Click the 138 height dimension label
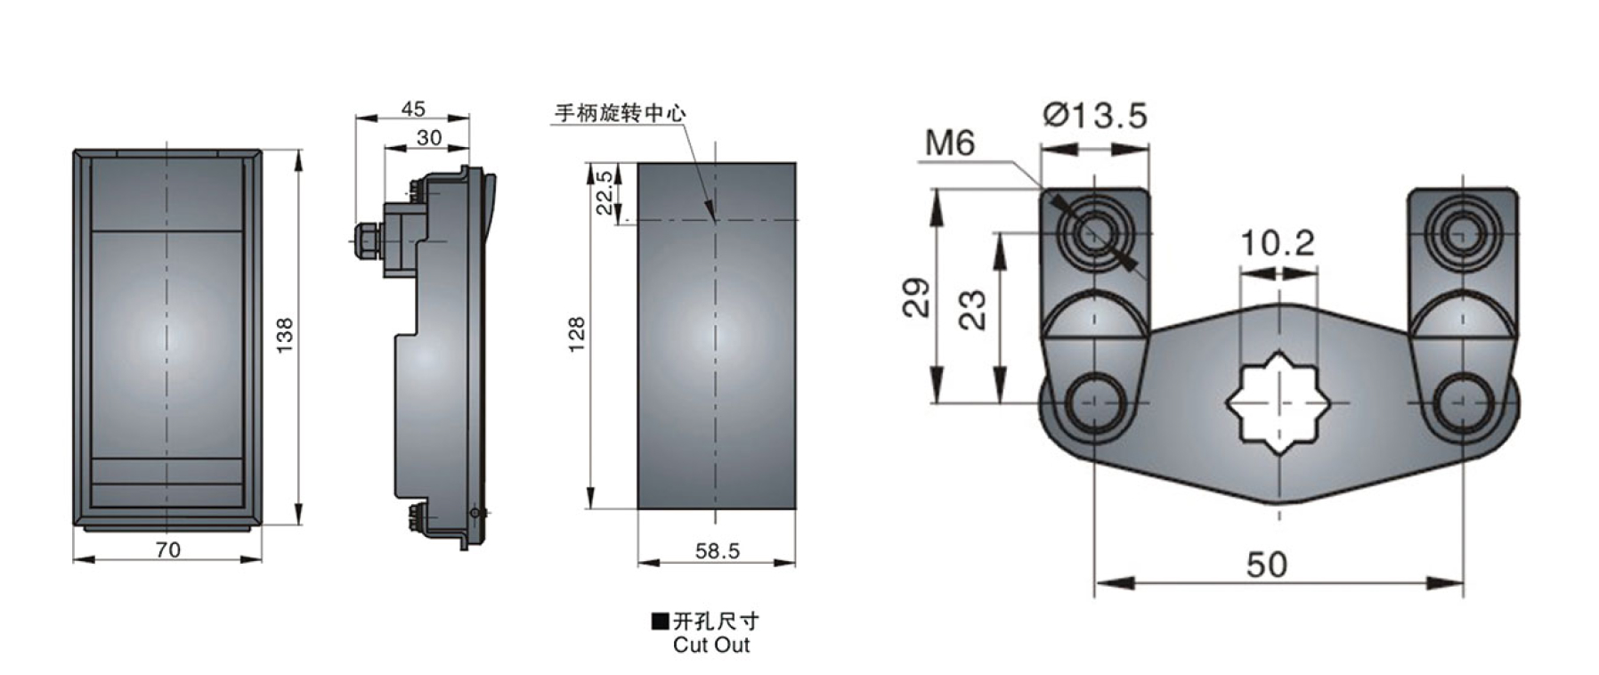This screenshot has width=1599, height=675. point(284,335)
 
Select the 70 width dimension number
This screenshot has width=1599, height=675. point(168,550)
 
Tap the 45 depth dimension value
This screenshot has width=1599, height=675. point(413,109)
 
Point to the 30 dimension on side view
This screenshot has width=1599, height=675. point(428,137)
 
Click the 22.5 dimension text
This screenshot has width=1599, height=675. point(604,191)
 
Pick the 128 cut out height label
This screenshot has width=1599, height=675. point(576,334)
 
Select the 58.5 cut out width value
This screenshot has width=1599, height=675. point(718,551)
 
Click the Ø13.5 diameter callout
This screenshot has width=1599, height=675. point(1095,116)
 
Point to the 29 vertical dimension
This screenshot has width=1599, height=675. point(916,297)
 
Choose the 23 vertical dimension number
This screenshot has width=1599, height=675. point(973,310)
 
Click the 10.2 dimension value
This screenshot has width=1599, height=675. point(1278,242)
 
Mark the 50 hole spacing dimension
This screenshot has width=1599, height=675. point(1267,564)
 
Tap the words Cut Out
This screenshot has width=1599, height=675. point(711,645)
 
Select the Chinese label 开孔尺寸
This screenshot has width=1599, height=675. point(716,621)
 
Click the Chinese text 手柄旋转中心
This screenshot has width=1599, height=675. point(621,113)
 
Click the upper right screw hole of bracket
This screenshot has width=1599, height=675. point(1459,233)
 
